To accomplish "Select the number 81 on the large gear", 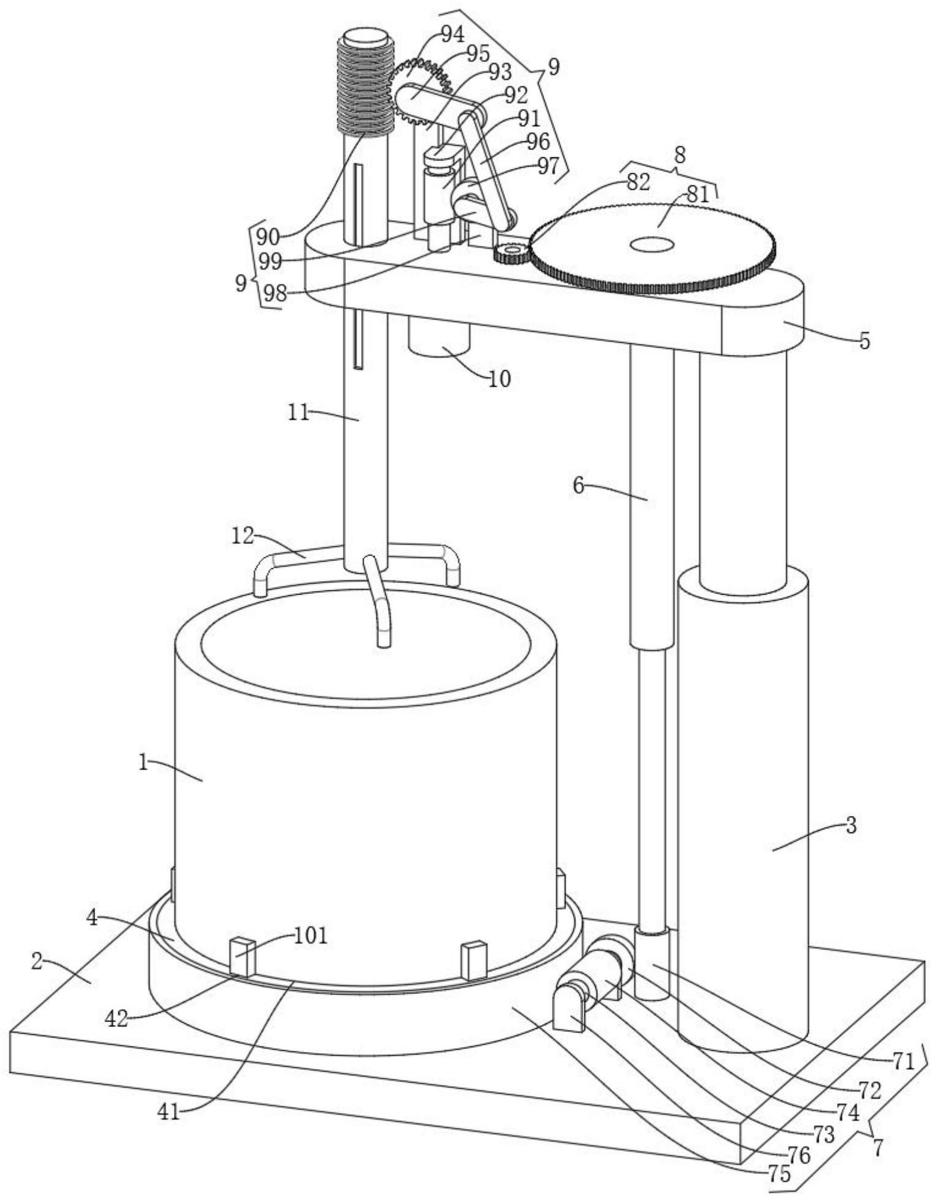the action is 698,195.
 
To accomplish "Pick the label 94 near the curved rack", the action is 452,35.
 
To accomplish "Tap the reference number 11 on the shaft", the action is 299,413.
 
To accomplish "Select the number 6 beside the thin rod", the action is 579,485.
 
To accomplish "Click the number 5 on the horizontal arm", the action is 864,341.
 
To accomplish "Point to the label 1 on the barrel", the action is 143,762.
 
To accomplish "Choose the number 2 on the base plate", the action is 37,962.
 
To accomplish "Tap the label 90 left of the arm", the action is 268,236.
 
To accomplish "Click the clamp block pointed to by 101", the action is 242,957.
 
